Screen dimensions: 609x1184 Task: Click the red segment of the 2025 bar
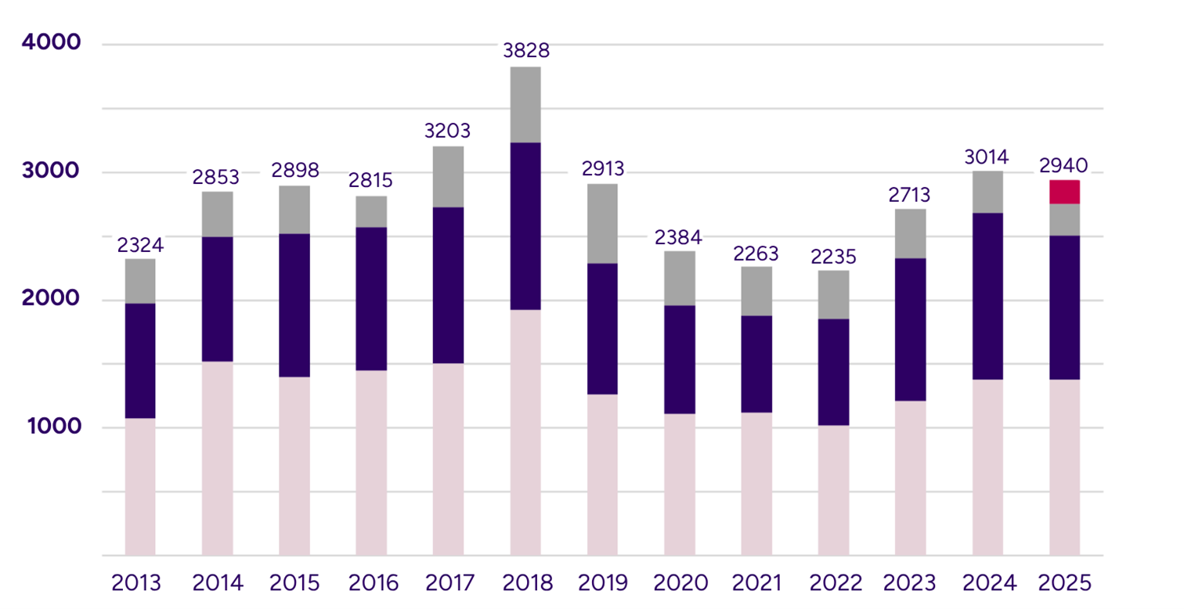1064,192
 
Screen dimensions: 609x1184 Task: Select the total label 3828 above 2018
525,51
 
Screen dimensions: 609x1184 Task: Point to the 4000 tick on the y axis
52,43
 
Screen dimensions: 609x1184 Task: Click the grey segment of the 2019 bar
602,223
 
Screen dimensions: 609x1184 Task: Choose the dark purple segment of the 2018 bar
525,226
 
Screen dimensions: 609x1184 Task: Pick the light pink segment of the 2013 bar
139,486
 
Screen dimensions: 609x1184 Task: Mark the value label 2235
833,256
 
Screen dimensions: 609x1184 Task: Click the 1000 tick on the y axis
52,427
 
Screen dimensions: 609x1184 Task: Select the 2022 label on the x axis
833,583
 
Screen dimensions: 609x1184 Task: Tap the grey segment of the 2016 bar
371,211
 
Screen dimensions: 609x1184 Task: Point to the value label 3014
987,156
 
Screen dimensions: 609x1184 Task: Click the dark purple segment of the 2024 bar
987,296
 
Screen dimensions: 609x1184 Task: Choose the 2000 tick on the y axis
52,299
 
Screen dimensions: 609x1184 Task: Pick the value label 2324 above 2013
139,245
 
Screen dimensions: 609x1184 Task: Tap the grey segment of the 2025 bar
1064,219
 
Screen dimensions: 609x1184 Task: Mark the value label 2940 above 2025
1064,166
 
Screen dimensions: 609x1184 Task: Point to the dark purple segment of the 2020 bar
679,359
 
